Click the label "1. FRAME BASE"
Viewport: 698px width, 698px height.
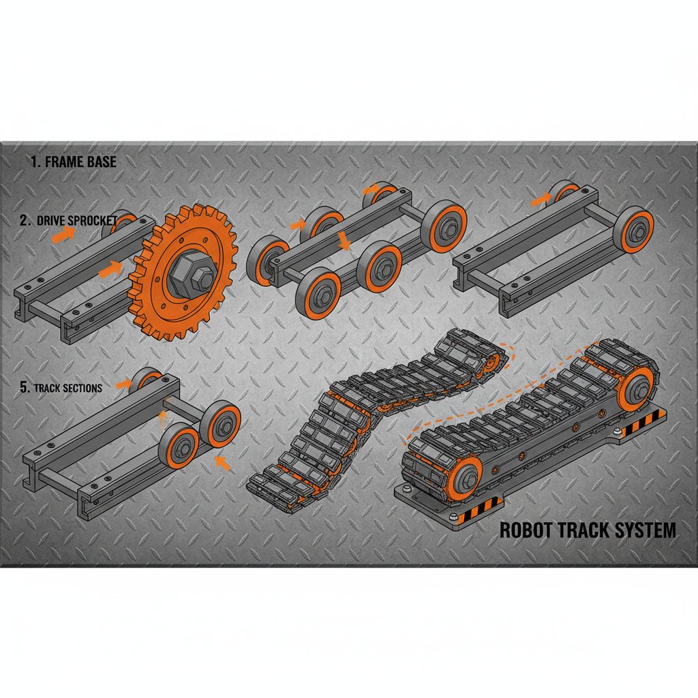coord(74,162)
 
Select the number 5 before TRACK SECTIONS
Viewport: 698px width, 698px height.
coord(24,388)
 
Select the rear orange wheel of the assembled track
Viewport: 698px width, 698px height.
coord(638,389)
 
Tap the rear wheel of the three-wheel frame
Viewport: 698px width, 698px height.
coord(145,380)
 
